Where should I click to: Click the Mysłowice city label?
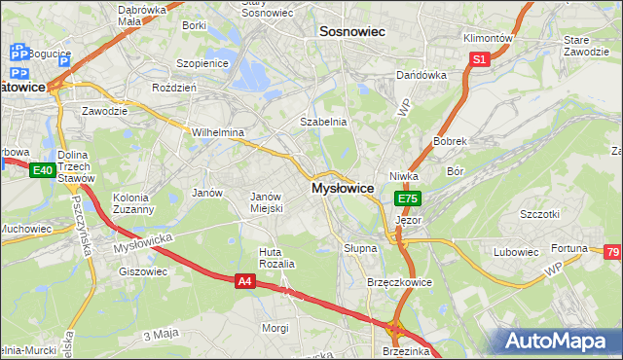342,189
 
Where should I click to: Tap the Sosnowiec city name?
352,32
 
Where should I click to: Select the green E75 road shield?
407,199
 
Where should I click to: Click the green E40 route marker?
41,171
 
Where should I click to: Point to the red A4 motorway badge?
245,281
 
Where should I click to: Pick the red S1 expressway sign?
478,60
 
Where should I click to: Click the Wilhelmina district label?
217,132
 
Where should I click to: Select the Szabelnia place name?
323,122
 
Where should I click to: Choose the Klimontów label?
488,38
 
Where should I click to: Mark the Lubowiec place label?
516,252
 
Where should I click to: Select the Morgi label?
275,328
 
